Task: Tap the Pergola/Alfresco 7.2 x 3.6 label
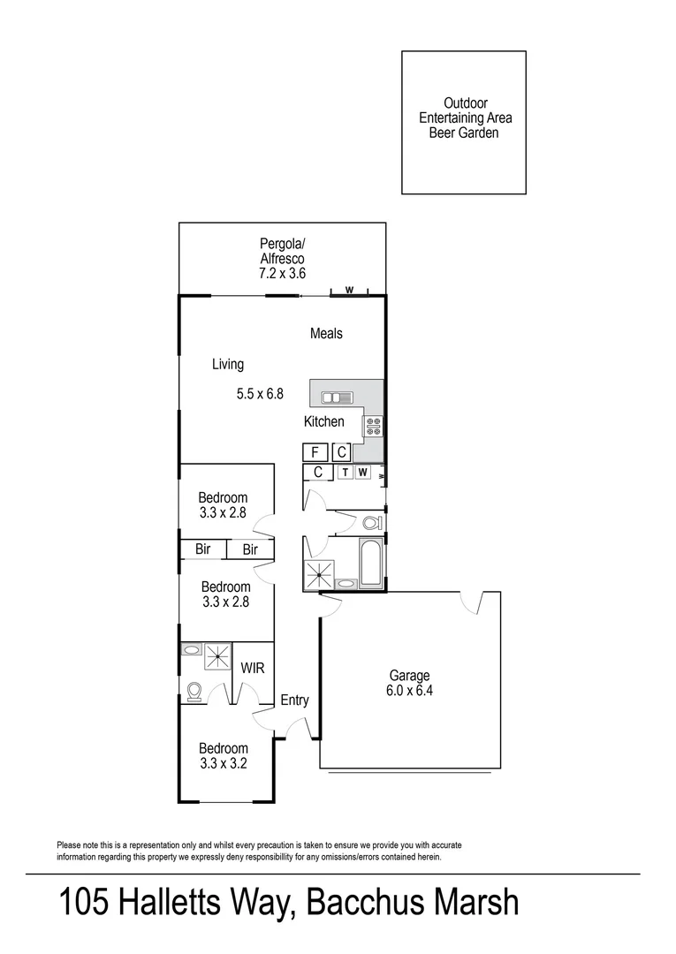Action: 282,259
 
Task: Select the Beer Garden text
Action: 464,132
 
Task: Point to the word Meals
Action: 326,333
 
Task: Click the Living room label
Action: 227,364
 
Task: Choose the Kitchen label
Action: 323,421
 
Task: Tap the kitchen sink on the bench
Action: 337,397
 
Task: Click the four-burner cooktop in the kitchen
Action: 373,428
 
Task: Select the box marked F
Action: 314,452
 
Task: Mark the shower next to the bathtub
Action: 317,573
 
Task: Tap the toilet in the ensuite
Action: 196,690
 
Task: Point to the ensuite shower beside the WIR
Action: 217,656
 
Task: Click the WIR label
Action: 253,669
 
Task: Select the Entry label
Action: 294,700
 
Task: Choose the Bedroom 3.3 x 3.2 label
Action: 223,755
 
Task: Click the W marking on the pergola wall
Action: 348,290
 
